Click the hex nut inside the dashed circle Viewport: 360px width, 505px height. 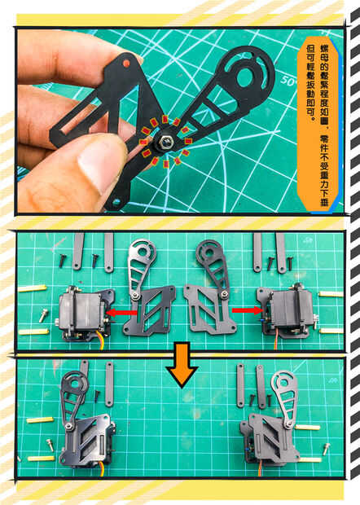(x=165, y=142)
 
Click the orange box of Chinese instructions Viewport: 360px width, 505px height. (x=318, y=126)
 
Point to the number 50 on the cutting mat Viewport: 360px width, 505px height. (x=288, y=81)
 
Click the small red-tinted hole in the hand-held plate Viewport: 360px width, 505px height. (x=126, y=63)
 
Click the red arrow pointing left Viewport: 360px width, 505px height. (x=121, y=313)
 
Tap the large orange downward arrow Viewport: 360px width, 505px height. (x=182, y=366)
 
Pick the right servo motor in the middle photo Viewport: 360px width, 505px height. (x=287, y=312)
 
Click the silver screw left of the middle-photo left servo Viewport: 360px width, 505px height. (x=43, y=316)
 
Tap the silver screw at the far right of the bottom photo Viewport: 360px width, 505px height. (x=326, y=449)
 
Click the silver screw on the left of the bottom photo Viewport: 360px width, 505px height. (x=50, y=446)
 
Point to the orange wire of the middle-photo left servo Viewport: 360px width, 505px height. (x=102, y=343)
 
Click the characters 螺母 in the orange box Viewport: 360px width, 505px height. (x=324, y=55)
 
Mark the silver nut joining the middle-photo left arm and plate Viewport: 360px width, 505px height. (x=135, y=295)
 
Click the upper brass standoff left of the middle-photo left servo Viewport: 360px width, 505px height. (x=33, y=288)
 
